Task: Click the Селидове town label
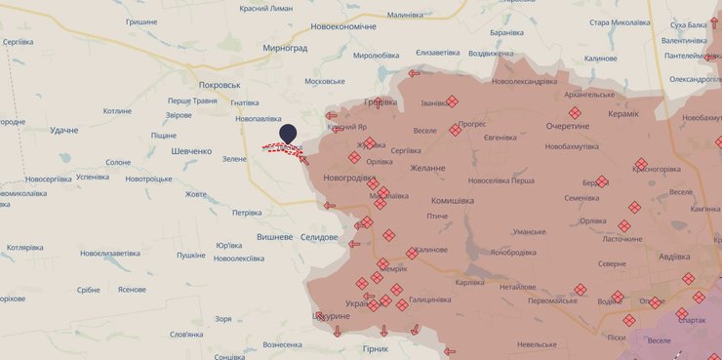[317, 237]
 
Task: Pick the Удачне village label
[63, 130]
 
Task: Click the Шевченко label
[191, 151]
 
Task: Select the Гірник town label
[375, 348]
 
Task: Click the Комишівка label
[452, 200]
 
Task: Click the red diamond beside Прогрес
[455, 130]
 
